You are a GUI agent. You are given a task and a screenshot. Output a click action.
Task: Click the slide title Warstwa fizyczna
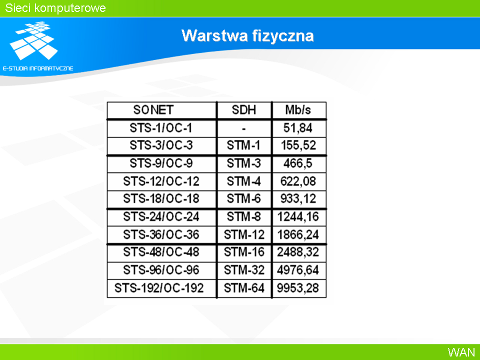tap(247, 36)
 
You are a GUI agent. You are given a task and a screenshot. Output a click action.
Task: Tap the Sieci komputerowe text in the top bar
tap(55, 8)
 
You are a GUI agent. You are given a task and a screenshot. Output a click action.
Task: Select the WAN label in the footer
tap(461, 352)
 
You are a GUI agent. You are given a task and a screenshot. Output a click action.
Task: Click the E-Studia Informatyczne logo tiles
tap(33, 40)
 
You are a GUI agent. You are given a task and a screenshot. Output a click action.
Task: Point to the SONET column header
tap(153, 110)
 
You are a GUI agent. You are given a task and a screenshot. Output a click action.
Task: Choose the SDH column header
tap(243, 110)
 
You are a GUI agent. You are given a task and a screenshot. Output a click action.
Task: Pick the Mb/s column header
tap(298, 110)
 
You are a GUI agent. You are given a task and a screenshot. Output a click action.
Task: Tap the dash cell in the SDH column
tap(243, 129)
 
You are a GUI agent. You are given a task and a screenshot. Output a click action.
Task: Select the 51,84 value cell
tap(298, 128)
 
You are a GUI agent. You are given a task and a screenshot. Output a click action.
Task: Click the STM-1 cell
tap(243, 145)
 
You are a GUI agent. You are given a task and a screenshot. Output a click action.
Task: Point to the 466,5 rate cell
tap(298, 163)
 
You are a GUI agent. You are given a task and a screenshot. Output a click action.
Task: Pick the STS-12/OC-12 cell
tap(161, 181)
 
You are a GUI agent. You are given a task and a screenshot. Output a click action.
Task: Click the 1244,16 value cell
tap(298, 217)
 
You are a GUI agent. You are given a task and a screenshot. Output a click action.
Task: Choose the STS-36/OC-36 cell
tap(161, 234)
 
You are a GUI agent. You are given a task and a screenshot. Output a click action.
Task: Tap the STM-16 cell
tap(243, 252)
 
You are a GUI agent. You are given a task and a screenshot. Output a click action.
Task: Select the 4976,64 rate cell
tap(298, 270)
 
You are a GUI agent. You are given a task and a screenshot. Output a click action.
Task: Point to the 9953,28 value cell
tap(298, 288)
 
